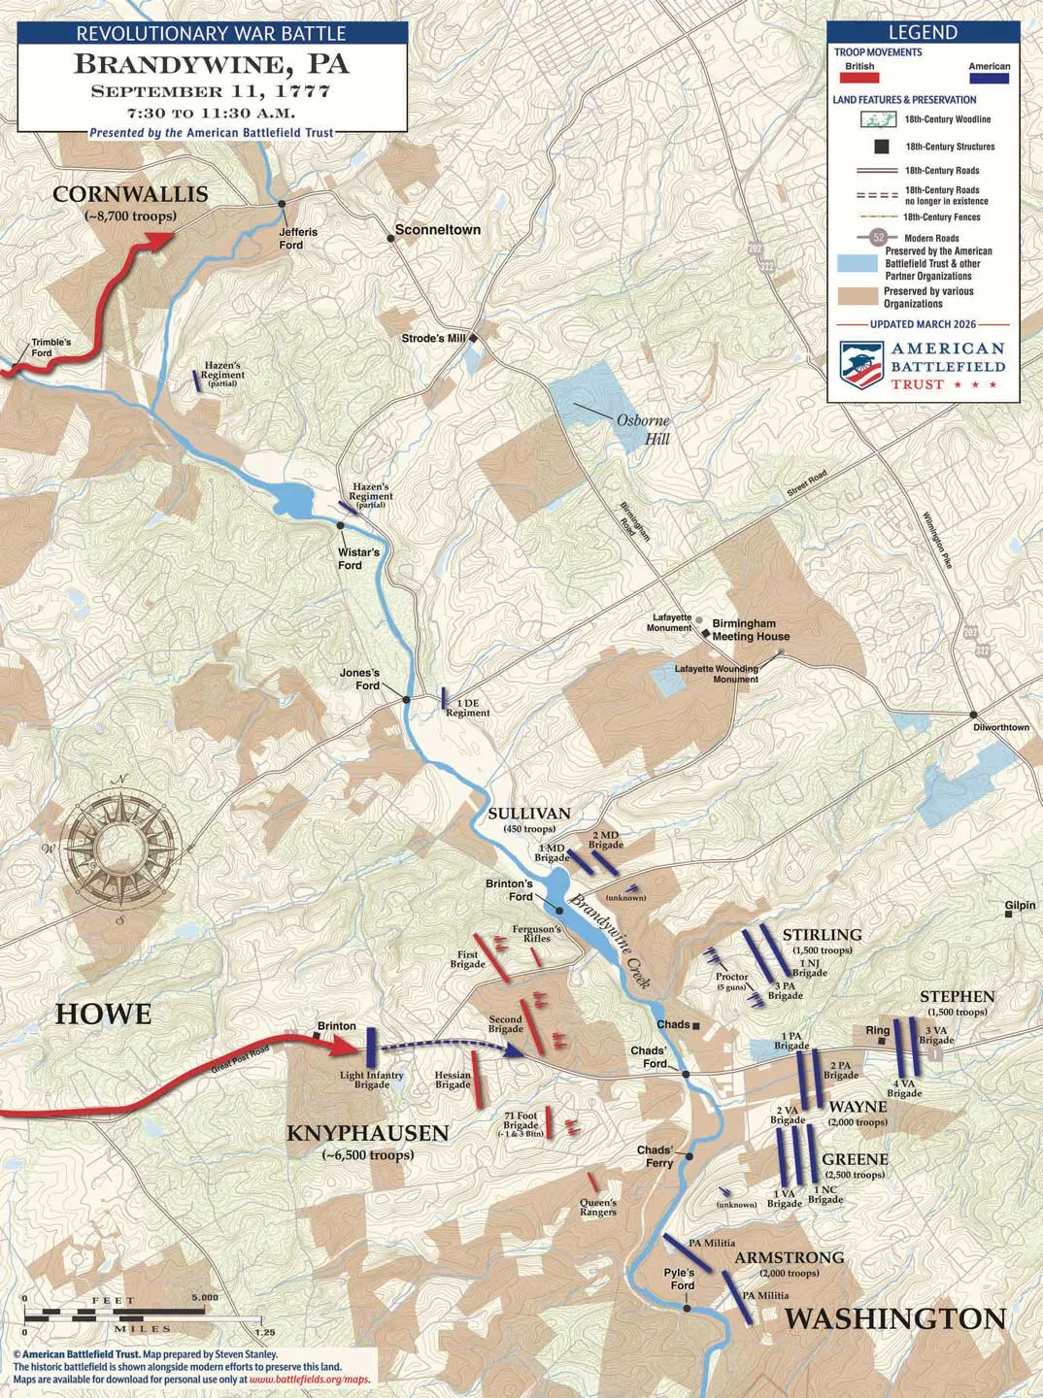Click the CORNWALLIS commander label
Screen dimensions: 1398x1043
pos(130,194)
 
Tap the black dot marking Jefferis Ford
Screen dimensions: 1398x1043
pos(283,204)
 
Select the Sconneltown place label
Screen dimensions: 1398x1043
pos(437,230)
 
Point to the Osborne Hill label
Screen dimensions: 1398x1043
pos(643,429)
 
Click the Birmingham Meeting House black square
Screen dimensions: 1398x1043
pos(705,630)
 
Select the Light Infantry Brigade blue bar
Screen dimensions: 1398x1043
pos(371,1048)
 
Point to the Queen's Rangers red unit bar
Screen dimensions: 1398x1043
pos(592,1182)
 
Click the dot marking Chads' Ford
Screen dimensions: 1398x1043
pos(686,1074)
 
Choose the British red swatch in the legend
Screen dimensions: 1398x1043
pos(859,79)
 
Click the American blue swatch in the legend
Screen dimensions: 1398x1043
pos(989,79)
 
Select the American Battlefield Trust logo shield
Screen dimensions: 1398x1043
pos(860,364)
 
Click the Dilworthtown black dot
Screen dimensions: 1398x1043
pos(974,715)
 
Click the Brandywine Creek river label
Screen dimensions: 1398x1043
pos(610,941)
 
